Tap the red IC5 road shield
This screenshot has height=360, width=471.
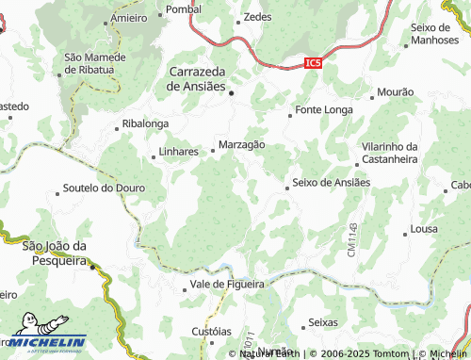click(314, 62)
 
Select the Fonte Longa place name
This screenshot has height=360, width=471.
click(324, 109)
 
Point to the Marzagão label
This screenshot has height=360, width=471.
click(241, 144)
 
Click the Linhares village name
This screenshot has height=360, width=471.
click(179, 151)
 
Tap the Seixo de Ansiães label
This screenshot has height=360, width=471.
click(331, 182)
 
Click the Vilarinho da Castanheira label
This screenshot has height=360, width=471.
click(389, 154)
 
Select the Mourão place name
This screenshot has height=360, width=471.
click(395, 92)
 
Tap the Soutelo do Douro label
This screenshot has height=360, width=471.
click(104, 188)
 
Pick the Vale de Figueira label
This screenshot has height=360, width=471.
click(227, 283)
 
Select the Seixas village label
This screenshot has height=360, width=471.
click(322, 322)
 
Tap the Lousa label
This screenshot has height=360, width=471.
click(424, 230)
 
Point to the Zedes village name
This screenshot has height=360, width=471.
click(257, 17)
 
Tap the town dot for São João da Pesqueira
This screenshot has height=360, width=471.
click(92, 266)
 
